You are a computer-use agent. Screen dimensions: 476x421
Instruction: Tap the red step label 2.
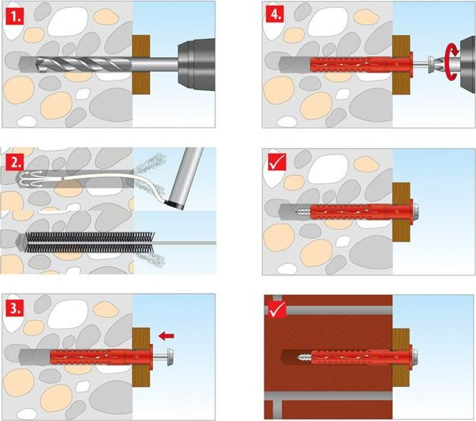[14, 163]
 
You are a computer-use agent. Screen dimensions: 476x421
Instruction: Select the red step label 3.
[15, 308]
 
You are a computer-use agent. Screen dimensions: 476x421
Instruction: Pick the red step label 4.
[275, 14]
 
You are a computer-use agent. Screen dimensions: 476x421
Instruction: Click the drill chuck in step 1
[196, 64]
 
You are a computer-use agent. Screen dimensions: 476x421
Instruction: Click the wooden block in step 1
[141, 64]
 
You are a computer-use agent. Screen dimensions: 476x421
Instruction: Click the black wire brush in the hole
[89, 242]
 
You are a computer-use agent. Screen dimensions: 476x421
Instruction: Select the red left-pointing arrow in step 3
[166, 336]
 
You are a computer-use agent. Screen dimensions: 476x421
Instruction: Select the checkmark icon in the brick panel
[277, 309]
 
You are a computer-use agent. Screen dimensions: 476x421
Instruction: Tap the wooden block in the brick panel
[401, 358]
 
